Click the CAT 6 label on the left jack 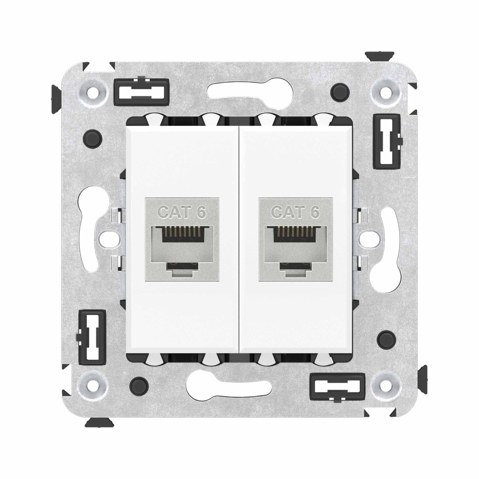click(x=182, y=212)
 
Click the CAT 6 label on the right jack click(x=295, y=212)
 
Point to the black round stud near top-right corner click(x=340, y=91)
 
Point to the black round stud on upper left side click(x=93, y=137)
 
